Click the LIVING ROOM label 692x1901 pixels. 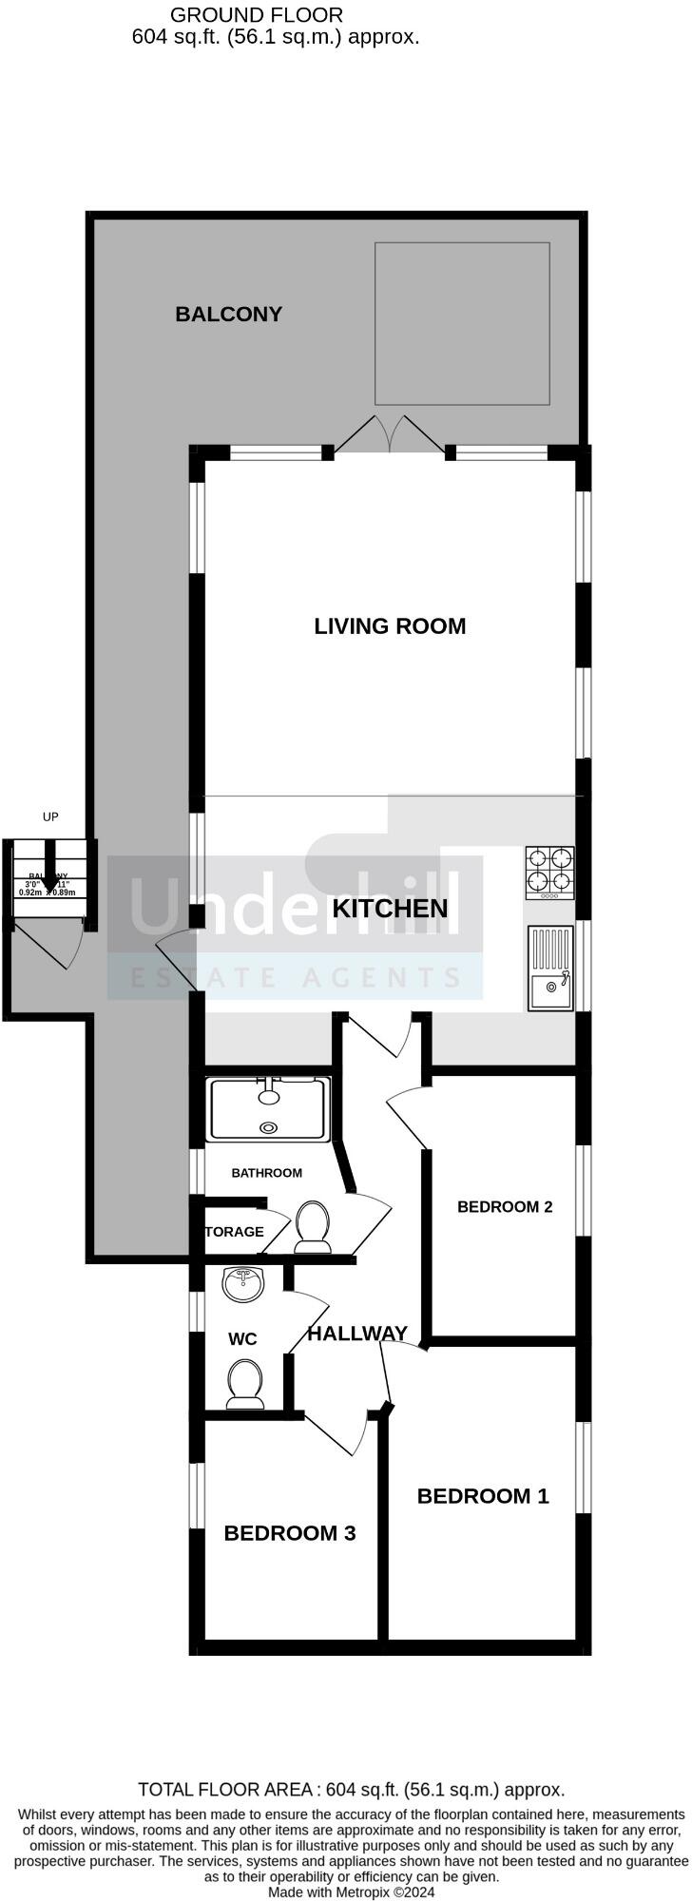coord(390,626)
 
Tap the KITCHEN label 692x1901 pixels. coord(390,908)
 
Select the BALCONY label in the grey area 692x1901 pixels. coord(228,314)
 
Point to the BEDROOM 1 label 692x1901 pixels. coord(483,1496)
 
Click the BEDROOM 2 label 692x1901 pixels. coord(505,1207)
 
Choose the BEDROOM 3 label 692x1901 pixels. coord(290,1533)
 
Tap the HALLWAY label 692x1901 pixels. coord(357,1334)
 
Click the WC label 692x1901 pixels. coord(242,1339)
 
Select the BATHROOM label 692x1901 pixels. coord(266,1173)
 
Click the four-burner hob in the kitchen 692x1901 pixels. coord(550,873)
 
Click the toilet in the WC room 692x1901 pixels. coord(245,1384)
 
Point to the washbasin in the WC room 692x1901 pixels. coord(244,1285)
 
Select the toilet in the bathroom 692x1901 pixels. coord(312,1226)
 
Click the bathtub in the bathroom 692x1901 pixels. coord(269,1109)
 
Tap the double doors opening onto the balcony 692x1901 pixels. coord(390,433)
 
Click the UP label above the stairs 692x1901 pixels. coord(50,816)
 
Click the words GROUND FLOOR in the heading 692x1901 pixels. coord(257,15)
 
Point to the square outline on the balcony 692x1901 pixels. coord(462,323)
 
